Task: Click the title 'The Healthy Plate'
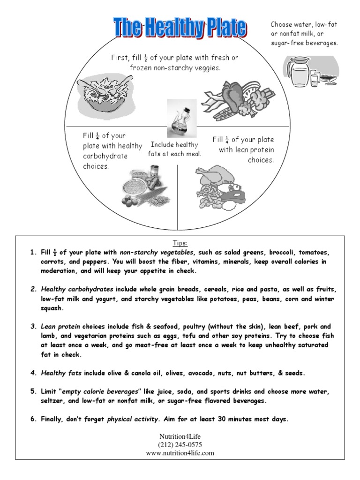pos(180,28)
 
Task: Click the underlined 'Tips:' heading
pos(180,243)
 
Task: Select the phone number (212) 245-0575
pos(180,444)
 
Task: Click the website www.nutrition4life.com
pos(180,453)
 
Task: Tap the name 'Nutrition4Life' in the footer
pos(180,436)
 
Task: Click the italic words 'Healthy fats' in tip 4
pos(61,373)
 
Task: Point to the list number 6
pos(33,419)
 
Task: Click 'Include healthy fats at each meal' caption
pos(174,149)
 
